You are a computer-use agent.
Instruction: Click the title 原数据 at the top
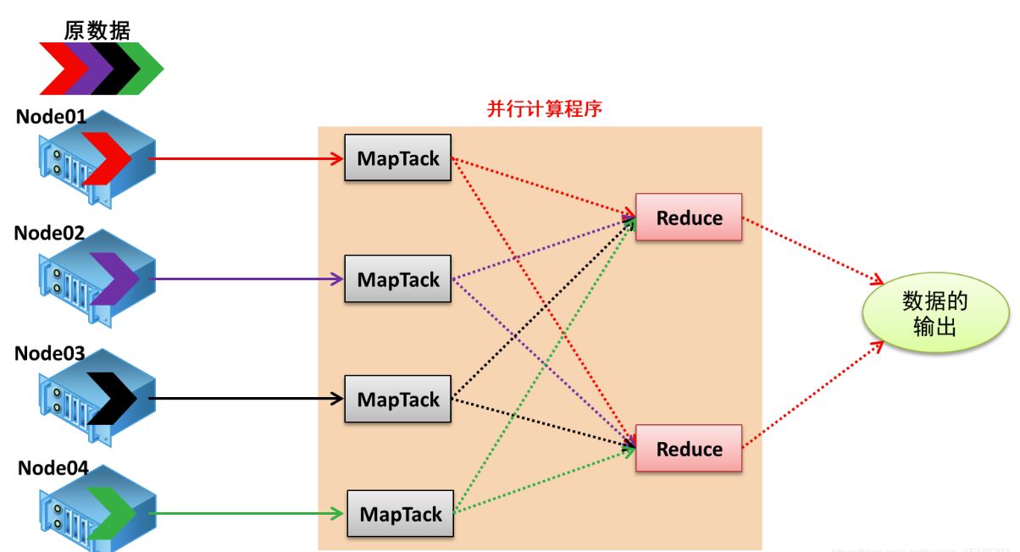click(x=97, y=30)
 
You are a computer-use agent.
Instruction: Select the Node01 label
click(x=51, y=117)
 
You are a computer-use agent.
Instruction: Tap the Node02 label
click(x=50, y=233)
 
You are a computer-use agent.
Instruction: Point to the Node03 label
click(x=50, y=353)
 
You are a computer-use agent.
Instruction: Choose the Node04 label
click(x=53, y=468)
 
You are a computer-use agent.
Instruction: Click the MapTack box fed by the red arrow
click(x=398, y=158)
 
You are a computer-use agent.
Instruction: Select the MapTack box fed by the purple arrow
click(x=398, y=279)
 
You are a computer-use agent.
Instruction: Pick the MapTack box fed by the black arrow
click(x=398, y=399)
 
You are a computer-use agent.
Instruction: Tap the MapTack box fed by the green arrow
click(x=401, y=514)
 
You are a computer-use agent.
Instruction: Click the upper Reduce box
click(x=689, y=218)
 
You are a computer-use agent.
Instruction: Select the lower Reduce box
click(x=689, y=449)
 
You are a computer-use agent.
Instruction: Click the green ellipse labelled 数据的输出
click(x=934, y=314)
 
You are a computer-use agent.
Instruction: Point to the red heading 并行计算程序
click(x=544, y=109)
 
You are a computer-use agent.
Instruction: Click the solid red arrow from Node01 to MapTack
click(x=246, y=158)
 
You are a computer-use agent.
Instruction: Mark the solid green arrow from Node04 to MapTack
click(x=246, y=513)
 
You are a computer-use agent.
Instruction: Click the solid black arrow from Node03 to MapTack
click(x=246, y=398)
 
